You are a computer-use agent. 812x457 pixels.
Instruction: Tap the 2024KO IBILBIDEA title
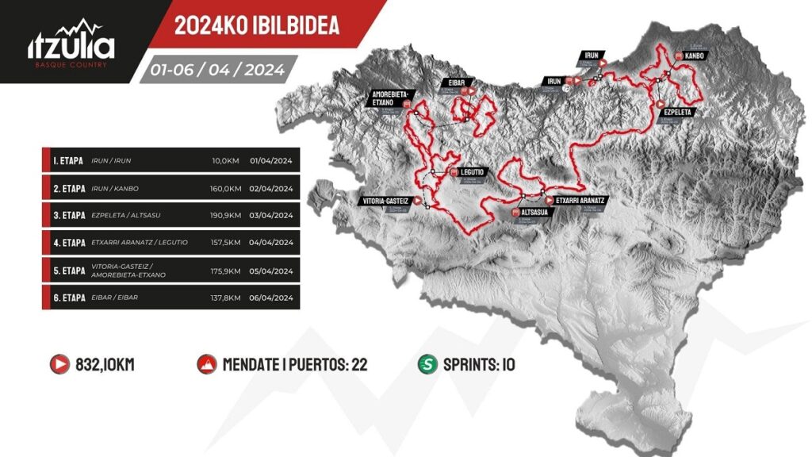(x=257, y=25)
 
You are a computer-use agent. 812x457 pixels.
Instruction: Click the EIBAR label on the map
(x=455, y=82)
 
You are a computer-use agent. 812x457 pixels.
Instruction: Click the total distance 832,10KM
(x=105, y=365)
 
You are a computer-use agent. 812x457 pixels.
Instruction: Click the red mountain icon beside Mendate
(x=205, y=365)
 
